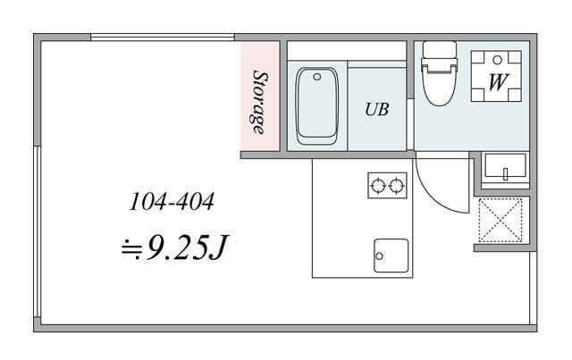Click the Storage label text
click(260, 103)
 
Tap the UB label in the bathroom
click(377, 109)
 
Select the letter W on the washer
click(498, 82)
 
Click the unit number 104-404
click(172, 202)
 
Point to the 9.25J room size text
click(187, 247)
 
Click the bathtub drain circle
click(317, 77)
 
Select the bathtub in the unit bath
click(317, 105)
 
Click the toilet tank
click(439, 49)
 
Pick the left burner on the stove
click(378, 186)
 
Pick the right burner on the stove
click(397, 186)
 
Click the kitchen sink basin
click(391, 255)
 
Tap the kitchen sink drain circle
click(379, 256)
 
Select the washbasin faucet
click(506, 173)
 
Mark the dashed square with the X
click(500, 220)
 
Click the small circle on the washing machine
click(497, 60)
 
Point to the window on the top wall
click(163, 37)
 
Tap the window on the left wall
click(37, 231)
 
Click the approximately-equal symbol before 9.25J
click(132, 248)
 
